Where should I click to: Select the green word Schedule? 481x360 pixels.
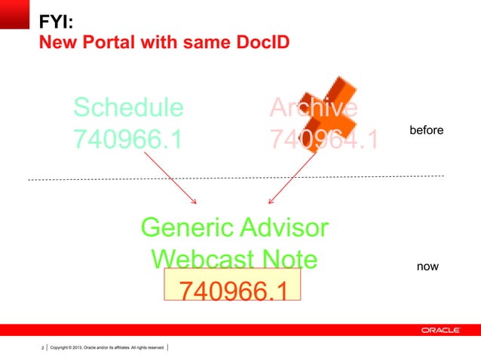(x=128, y=108)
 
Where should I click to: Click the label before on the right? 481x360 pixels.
(x=426, y=131)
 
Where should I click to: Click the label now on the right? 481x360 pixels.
(x=427, y=267)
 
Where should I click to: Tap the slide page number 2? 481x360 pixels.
(x=42, y=347)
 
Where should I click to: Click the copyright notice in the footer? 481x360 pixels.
(x=106, y=347)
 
